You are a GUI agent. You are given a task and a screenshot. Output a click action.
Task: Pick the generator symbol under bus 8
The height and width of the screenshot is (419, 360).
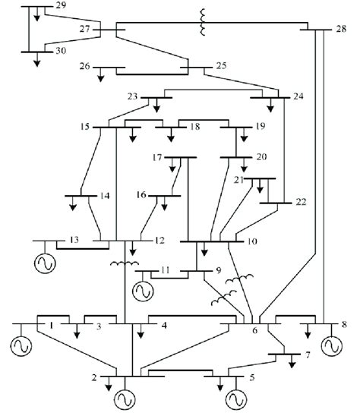[x=332, y=346]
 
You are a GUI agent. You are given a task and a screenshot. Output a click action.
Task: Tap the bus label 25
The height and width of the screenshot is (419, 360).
[x=220, y=67]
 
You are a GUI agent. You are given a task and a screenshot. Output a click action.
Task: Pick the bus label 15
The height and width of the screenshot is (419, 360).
[x=86, y=126]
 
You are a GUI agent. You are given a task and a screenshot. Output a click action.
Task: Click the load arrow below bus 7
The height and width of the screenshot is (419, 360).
[x=291, y=361]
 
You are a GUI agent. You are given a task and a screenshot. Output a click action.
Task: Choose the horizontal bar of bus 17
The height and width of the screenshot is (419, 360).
[x=180, y=158]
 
